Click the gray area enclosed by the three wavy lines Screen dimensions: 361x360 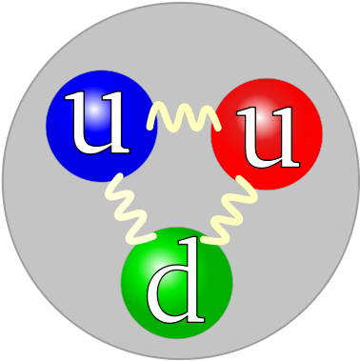180,171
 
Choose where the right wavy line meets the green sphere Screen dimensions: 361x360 212,237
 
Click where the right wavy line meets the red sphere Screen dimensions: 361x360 246,181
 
